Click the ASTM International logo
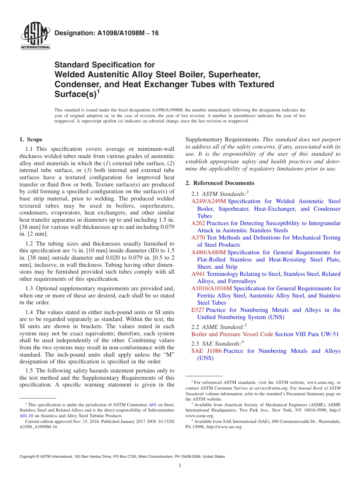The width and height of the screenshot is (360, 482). [x=35, y=37]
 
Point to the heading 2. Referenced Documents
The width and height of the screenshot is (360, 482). [x=220, y=183]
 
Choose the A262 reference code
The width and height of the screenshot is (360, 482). [x=198, y=223]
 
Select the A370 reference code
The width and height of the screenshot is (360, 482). [x=198, y=238]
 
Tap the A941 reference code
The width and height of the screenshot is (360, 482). [x=198, y=274]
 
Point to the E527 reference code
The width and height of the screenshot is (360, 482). [x=198, y=310]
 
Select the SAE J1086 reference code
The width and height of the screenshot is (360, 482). [x=207, y=351]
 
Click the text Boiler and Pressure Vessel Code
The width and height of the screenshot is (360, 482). [x=232, y=334]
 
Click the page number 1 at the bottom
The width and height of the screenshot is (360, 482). [x=180, y=466]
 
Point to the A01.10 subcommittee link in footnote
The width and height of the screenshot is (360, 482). [x=26, y=416]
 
